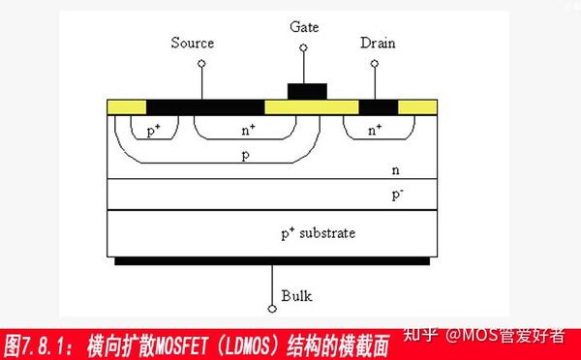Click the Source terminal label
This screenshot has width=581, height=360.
click(x=192, y=43)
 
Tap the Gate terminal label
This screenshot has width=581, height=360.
click(x=303, y=25)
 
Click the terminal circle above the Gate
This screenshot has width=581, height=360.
click(x=303, y=46)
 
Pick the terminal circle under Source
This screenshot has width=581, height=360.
click(x=201, y=64)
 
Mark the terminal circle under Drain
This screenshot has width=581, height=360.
click(x=374, y=64)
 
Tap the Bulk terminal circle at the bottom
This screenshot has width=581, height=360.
click(x=272, y=309)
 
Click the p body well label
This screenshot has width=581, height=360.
click(x=246, y=154)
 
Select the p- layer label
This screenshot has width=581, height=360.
click(x=397, y=195)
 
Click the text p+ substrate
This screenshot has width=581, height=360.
click(x=319, y=233)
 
